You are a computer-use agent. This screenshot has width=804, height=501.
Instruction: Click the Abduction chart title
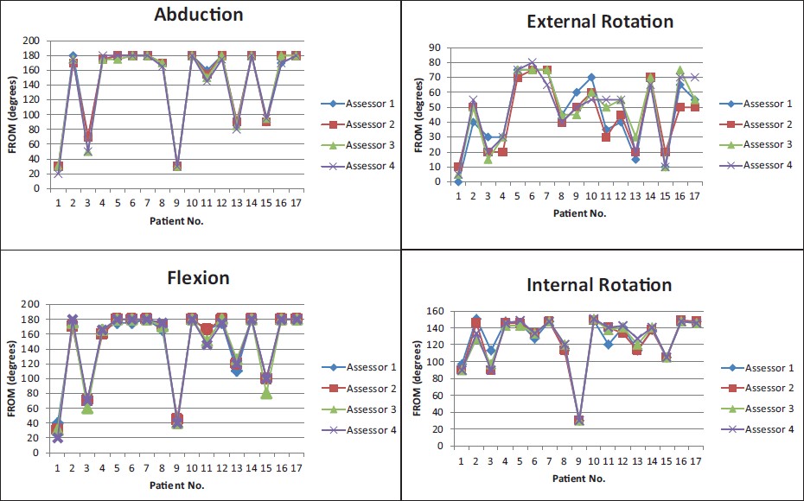click(198, 15)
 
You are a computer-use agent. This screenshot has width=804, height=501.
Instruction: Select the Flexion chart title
click(198, 277)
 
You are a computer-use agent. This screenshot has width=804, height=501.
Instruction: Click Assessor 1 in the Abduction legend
click(362, 103)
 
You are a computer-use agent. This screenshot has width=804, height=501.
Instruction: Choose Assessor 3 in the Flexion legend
click(364, 409)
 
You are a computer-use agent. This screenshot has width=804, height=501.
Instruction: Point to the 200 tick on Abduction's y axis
click(30, 41)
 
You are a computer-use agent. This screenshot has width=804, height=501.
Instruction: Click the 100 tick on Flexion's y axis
click(30, 378)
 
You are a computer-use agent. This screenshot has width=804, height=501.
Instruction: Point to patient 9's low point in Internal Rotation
click(579, 421)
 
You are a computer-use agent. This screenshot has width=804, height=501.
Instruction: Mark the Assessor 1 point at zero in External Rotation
click(457, 181)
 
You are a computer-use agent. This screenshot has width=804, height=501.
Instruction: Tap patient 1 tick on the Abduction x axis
click(58, 203)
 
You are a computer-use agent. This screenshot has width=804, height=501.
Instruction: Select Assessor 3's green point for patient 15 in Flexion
click(266, 393)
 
